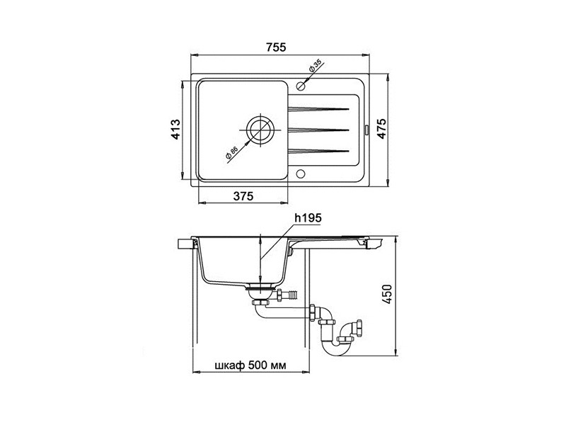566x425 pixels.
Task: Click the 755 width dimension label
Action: point(276,47)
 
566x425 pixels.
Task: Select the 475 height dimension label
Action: point(382,128)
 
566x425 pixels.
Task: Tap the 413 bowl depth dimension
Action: point(175,129)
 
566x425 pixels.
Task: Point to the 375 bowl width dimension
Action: point(243,196)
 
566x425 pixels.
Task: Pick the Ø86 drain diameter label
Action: point(231,153)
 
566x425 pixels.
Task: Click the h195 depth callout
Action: point(308,218)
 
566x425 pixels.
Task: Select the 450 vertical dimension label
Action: point(387,295)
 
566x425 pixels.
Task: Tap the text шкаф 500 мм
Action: point(250,365)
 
